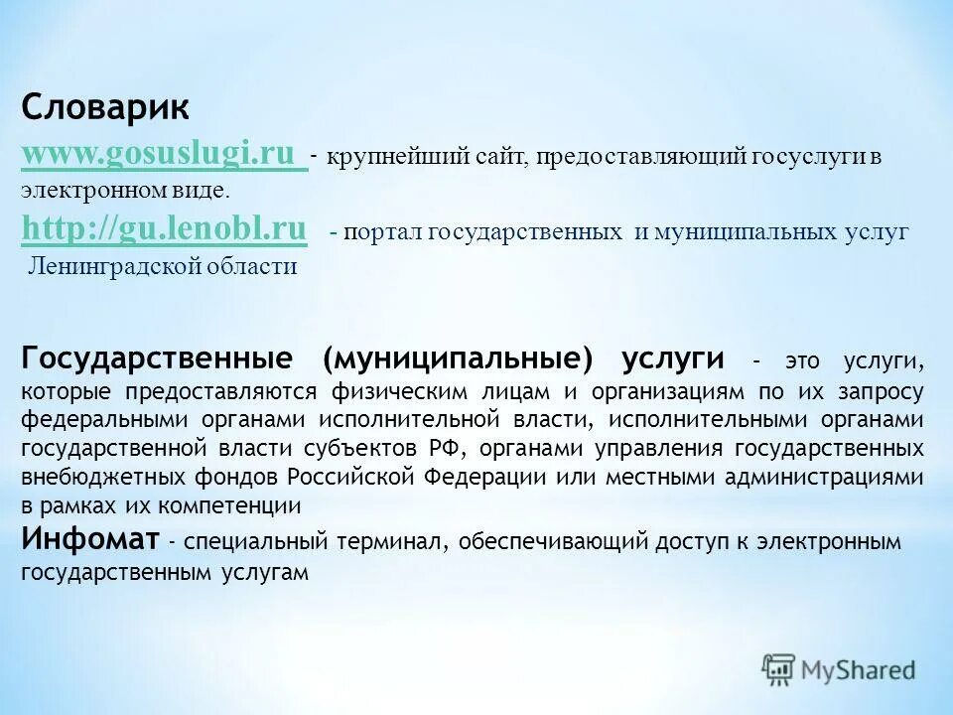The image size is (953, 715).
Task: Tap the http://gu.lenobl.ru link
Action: point(164,229)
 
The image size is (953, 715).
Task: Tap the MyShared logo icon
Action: point(779,669)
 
